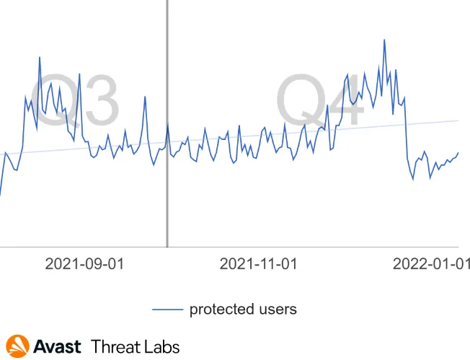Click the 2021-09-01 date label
84,264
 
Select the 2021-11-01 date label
259,264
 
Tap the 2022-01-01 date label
431,264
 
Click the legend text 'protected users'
243,309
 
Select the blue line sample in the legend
167,309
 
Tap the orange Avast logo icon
17,346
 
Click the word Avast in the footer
58,346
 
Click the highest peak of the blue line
385,40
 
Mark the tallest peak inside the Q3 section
40,57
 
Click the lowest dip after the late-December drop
413,178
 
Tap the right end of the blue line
458,153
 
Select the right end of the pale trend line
458,120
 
